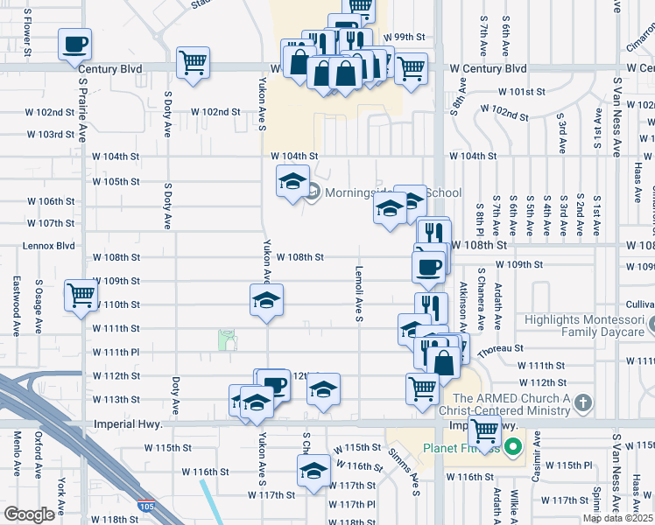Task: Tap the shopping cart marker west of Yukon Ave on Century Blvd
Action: (x=193, y=63)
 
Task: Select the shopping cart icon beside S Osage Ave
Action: (x=81, y=296)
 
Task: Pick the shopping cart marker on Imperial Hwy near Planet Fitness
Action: (x=484, y=430)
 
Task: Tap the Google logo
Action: (x=29, y=514)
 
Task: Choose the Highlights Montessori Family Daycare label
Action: (x=583, y=326)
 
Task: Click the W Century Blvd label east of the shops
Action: (x=488, y=68)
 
